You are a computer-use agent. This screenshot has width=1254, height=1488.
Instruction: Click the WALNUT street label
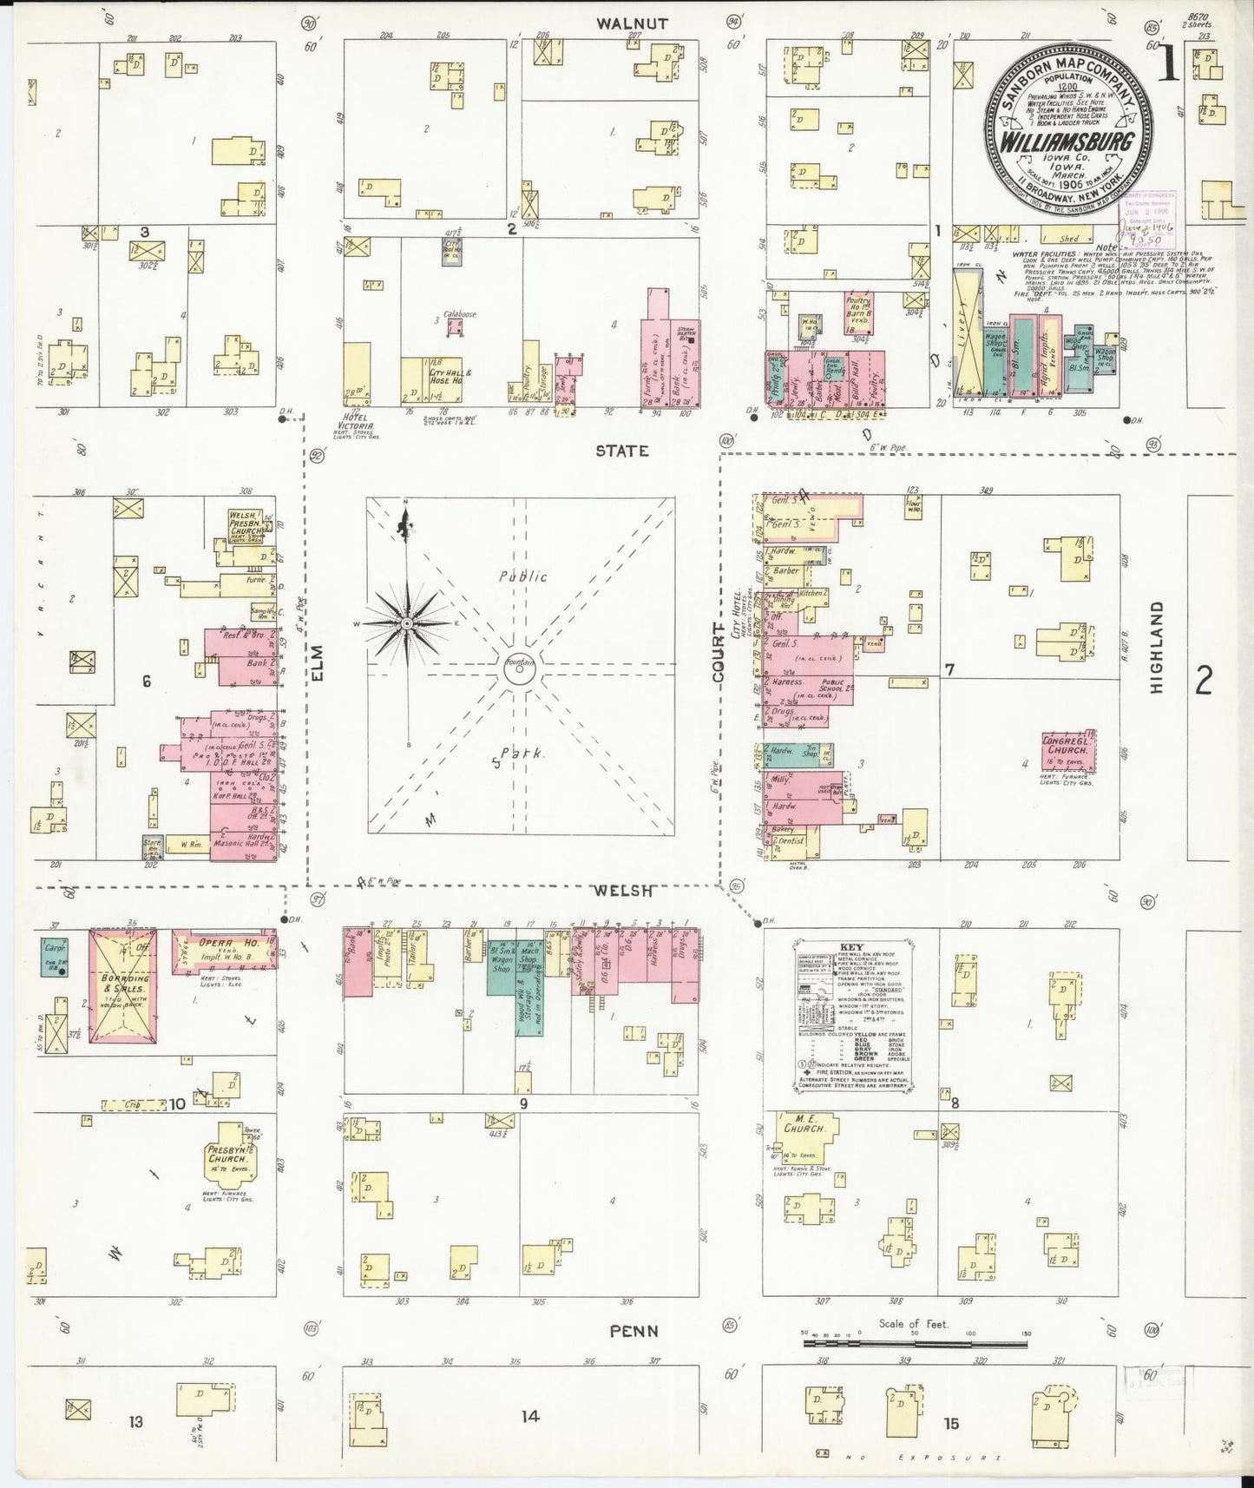631,23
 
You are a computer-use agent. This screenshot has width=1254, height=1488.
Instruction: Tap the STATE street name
621,451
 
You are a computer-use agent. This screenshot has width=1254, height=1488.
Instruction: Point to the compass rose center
406,623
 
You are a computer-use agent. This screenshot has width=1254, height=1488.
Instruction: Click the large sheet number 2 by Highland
1203,681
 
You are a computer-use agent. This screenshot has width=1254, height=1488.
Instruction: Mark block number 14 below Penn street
529,1416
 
